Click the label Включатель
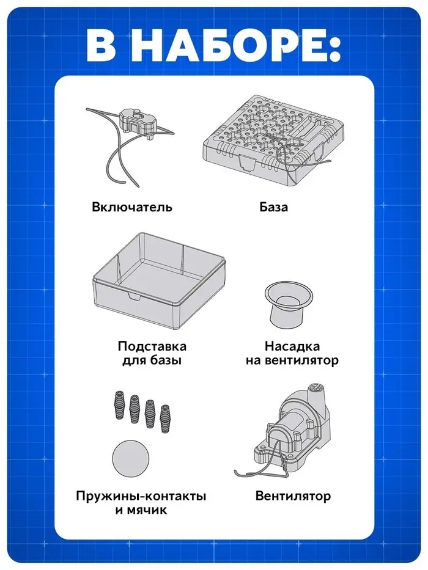point(131,207)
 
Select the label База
point(274,207)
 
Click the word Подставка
point(152,346)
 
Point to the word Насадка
point(292,346)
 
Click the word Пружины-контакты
point(141,496)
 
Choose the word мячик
point(147,510)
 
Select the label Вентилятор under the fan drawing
point(293,496)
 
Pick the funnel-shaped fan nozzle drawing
point(289,304)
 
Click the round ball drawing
point(131,458)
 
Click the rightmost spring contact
point(165,418)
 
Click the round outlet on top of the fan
point(316,388)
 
